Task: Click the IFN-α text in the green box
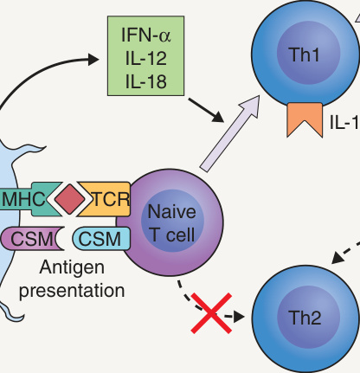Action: [146, 35]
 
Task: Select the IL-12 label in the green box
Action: [146, 58]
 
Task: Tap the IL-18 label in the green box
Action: [146, 81]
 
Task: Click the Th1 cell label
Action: [305, 55]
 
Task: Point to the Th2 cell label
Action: [305, 318]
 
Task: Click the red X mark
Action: [211, 313]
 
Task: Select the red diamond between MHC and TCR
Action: [70, 199]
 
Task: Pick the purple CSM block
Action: [32, 239]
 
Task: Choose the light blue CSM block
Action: [101, 239]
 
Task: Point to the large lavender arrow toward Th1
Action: [229, 134]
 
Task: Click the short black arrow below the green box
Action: [206, 110]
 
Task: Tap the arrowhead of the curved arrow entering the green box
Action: [93, 59]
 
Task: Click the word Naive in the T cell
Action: [171, 211]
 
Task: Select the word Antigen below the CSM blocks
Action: [72, 268]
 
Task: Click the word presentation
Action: [72, 290]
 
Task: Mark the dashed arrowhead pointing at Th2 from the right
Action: [337, 258]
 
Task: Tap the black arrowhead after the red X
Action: [239, 317]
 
